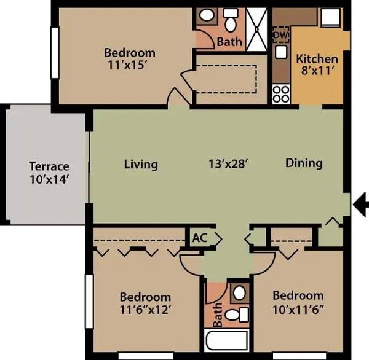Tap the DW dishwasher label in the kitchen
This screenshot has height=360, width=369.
pos(280,35)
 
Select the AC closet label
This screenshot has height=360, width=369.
pos(199,238)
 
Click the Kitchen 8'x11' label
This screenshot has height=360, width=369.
pos(317,65)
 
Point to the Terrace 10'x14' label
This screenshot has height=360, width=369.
pos(49,173)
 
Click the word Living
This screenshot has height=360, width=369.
pos(141,164)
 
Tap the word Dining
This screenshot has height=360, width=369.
pos(304,163)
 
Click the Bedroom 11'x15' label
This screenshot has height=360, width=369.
pos(129,58)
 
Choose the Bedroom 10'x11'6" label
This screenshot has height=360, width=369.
pos(298,302)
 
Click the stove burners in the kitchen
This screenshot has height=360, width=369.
pos(281,93)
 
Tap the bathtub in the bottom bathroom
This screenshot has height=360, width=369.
pos(226,341)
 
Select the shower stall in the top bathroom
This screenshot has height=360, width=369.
pos(258,29)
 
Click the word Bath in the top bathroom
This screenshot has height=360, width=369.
pos(229,42)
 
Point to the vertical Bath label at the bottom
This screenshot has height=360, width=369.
pos(217,314)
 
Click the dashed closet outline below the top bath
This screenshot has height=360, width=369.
pos(226,79)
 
